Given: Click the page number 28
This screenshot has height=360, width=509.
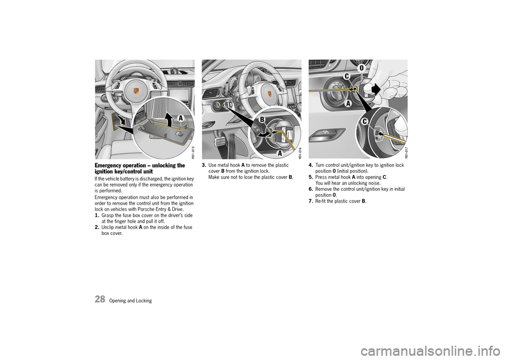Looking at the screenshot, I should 100,299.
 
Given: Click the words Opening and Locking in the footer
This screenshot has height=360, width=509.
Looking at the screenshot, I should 131,301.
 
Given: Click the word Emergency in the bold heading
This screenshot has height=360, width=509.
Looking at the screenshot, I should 111,165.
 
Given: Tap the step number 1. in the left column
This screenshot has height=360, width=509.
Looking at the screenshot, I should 98,215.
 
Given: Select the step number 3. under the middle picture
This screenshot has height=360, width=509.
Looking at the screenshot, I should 204,165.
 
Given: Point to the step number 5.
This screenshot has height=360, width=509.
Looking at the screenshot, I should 311,177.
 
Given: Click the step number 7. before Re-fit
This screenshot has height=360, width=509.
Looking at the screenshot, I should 311,201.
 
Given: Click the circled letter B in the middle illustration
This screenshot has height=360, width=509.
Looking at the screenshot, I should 261,120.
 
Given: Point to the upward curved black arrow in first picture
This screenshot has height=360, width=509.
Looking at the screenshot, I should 169,118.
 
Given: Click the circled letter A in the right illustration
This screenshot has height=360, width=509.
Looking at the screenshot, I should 348,104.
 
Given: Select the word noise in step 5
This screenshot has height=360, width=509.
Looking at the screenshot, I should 373,183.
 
